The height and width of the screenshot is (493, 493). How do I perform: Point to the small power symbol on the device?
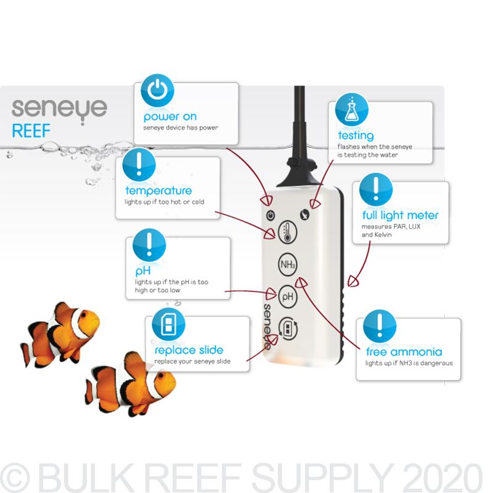tap(269, 215)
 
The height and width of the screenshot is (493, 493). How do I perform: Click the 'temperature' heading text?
tap(158, 190)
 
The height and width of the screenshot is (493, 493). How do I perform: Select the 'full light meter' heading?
tap(400, 215)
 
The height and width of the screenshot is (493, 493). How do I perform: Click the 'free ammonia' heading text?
tap(404, 352)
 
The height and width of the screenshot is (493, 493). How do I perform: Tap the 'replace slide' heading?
tap(189, 350)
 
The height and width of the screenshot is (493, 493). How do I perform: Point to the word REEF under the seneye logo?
tap(31, 131)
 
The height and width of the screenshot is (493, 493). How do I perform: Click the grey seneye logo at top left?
tap(59, 108)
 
